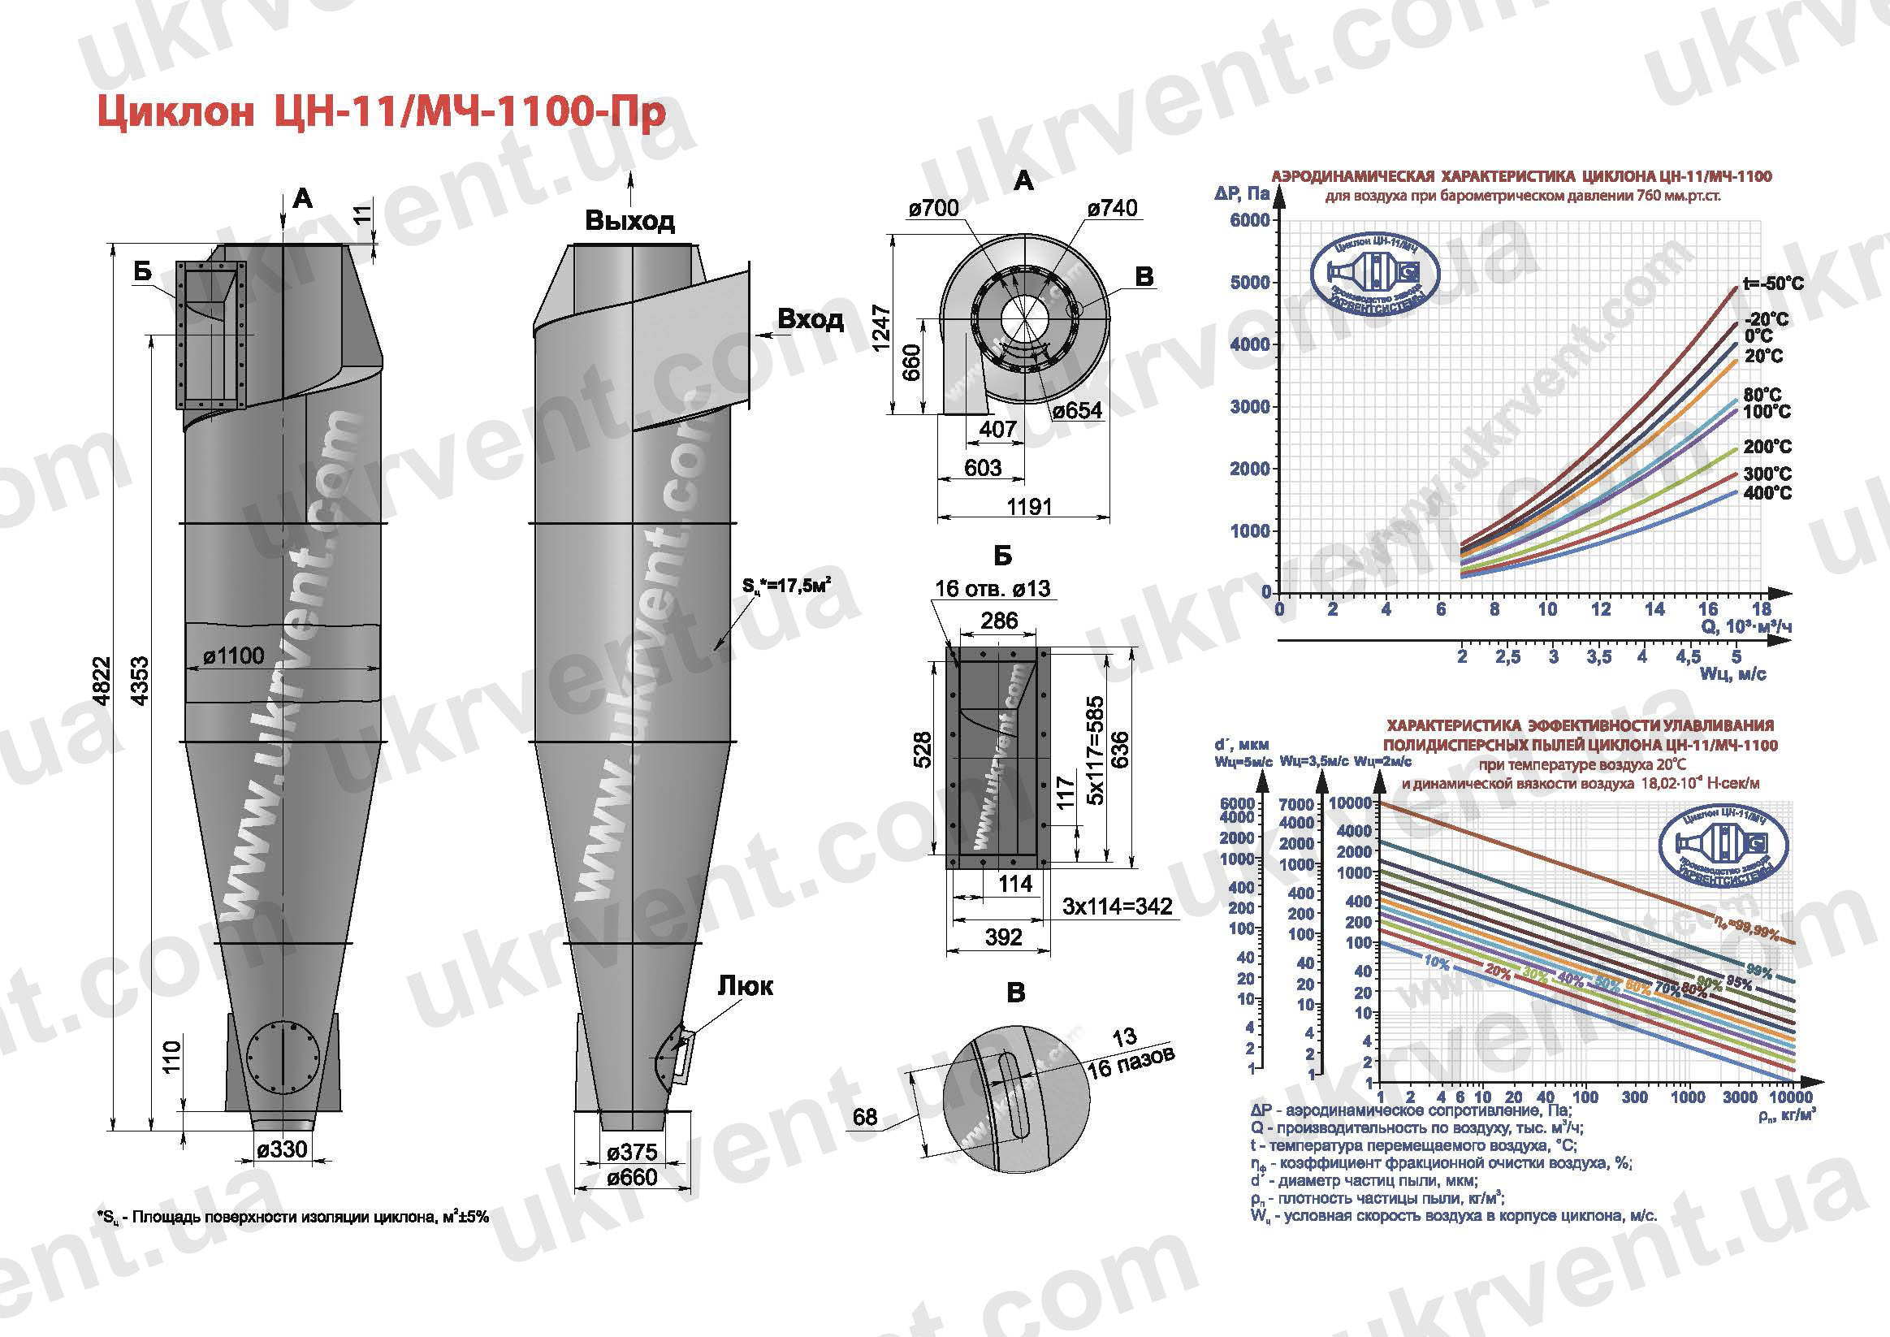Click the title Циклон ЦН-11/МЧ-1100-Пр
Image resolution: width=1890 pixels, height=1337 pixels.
pos(381,113)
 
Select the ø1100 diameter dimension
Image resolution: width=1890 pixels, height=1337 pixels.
pos(235,656)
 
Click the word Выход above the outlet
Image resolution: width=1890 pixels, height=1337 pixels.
pos(629,221)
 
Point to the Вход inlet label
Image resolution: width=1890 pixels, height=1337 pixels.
pos(810,319)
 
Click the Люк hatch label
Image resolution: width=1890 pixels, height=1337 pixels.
pos(745,985)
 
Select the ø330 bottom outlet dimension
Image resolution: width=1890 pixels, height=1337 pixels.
pos(282,1149)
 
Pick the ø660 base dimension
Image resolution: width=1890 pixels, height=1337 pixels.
pos(632,1177)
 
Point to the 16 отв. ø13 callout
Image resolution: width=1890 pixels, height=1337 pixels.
pos(992,589)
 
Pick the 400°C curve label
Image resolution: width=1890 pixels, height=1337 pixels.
pos(1766,493)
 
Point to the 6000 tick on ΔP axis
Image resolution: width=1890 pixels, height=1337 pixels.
pos(1249,220)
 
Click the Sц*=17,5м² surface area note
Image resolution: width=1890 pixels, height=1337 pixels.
pos(786,586)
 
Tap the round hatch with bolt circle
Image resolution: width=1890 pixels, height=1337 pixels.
pos(283,1056)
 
